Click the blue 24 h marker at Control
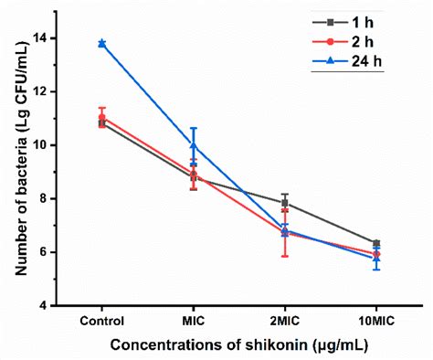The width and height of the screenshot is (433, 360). [x=101, y=43]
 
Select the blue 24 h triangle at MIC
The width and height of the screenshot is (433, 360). [x=193, y=144]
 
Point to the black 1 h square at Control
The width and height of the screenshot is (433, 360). [x=101, y=123]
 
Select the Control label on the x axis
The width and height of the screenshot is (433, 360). [x=101, y=322]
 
